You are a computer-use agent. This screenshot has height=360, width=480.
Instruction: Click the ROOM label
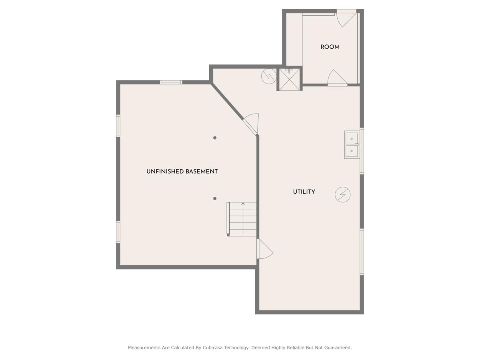coord(330,47)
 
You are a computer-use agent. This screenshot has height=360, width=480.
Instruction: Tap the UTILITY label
coord(304,192)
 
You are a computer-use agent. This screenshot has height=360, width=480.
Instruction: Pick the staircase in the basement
coord(242,219)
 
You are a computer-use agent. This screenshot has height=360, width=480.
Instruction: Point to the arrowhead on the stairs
coord(243,204)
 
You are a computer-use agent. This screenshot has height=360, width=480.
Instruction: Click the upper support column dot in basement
coord(215,138)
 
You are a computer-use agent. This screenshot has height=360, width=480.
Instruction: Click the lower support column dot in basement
coord(215,198)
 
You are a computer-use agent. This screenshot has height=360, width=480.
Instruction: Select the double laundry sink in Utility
coord(352,145)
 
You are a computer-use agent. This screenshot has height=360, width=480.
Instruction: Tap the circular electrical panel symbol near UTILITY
coord(343,195)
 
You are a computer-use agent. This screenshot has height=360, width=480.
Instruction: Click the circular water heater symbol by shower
coord(269,76)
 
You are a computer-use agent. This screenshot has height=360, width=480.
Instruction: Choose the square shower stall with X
coord(289,79)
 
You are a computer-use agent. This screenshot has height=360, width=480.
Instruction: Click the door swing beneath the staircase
coord(264,249)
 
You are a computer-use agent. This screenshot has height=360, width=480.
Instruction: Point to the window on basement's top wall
coord(171,82)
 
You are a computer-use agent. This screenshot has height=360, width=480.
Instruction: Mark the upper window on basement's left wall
coord(118,126)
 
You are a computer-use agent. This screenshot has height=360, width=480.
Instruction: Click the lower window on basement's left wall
coord(118,232)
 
